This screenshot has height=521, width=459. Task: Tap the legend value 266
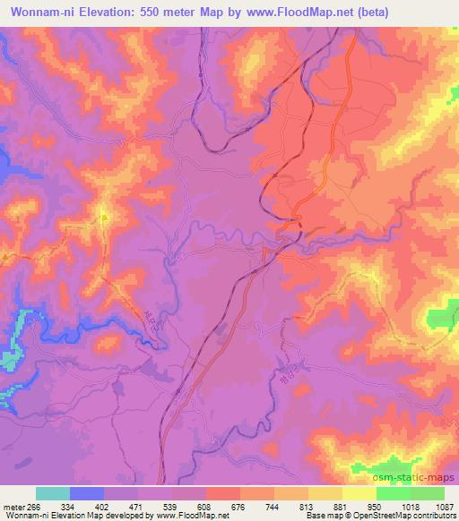[35, 508]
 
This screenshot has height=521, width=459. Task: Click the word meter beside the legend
[13, 508]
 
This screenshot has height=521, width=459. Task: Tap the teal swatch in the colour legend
[53, 493]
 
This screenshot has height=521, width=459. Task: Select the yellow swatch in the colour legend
[359, 493]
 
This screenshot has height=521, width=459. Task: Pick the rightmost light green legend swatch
[428, 493]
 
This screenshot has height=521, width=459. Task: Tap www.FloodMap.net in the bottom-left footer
[186, 517]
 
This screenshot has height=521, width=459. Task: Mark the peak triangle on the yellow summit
[104, 216]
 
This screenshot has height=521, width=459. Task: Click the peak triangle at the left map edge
[5, 256]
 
